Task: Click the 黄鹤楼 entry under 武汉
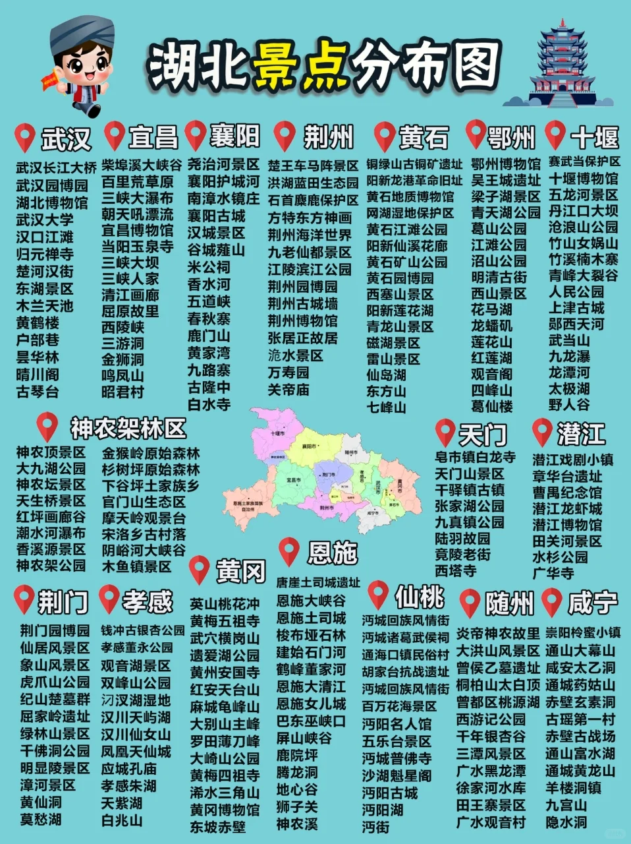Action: (38, 323)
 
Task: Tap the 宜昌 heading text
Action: (153, 137)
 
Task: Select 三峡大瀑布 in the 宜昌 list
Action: (138, 198)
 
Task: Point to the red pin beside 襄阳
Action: (196, 135)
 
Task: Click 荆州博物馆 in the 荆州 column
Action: (302, 321)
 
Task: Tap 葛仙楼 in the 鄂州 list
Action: (491, 407)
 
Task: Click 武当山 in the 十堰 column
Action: (569, 340)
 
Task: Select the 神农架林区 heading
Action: (128, 429)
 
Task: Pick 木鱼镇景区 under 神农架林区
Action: (136, 566)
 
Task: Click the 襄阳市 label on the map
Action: (310, 446)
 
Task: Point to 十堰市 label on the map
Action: (277, 434)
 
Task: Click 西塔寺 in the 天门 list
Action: (455, 570)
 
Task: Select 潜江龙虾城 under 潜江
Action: (567, 508)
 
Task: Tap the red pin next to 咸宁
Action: (551, 602)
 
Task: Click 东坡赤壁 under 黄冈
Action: (217, 827)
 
